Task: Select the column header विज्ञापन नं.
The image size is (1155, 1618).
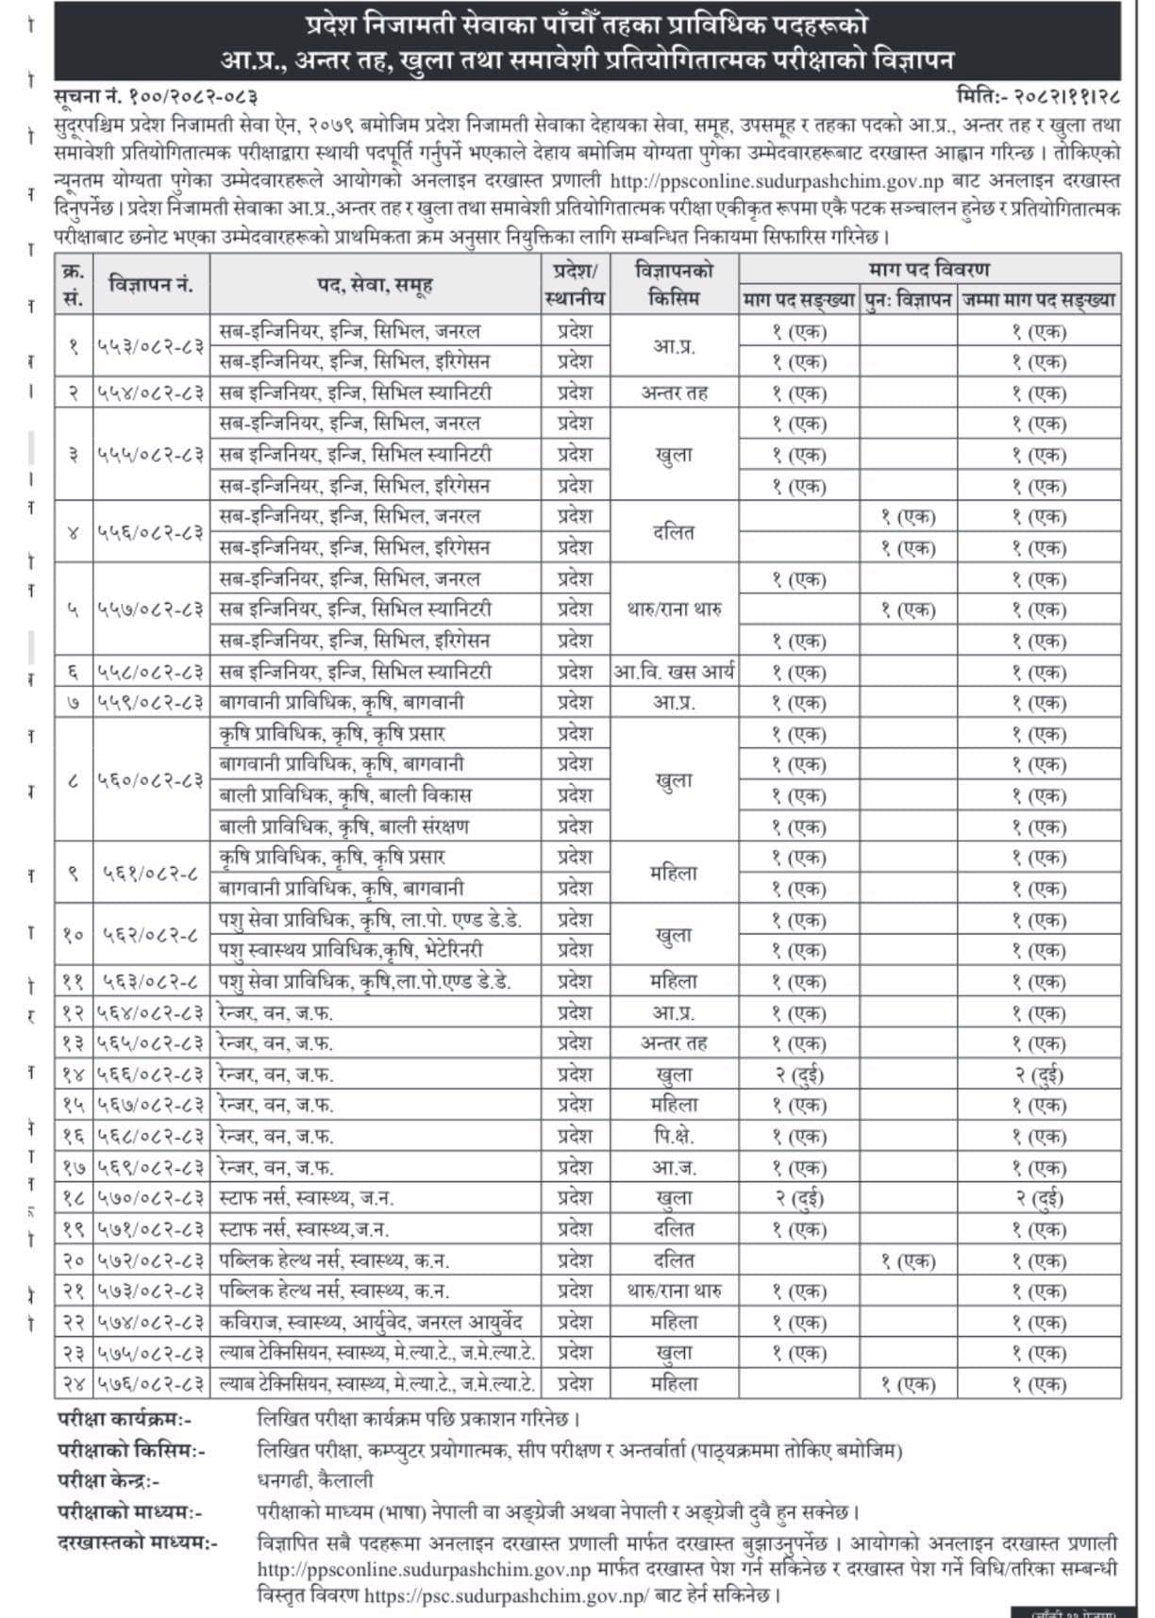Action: (151, 284)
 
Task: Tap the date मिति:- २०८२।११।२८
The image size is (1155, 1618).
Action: (1037, 96)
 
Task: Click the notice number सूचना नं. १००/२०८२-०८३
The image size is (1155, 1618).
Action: (156, 96)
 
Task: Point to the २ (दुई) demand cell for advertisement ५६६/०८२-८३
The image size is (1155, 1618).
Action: (799, 1075)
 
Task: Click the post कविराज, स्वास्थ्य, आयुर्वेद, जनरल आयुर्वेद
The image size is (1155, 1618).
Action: (371, 1322)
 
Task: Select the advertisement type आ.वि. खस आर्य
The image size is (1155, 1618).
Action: (674, 672)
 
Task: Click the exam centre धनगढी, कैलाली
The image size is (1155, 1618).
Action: (315, 1480)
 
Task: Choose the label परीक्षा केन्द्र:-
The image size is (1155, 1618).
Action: (109, 1480)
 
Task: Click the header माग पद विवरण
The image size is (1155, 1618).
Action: (929, 269)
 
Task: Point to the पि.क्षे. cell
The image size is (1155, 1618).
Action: (674, 1136)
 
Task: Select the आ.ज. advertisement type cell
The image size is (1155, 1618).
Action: (674, 1167)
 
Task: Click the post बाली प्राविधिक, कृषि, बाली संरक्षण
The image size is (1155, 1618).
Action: (344, 826)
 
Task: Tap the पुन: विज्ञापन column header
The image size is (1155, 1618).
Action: (908, 301)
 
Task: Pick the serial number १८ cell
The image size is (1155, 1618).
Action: (74, 1198)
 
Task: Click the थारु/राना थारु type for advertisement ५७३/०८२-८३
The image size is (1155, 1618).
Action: (674, 1291)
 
